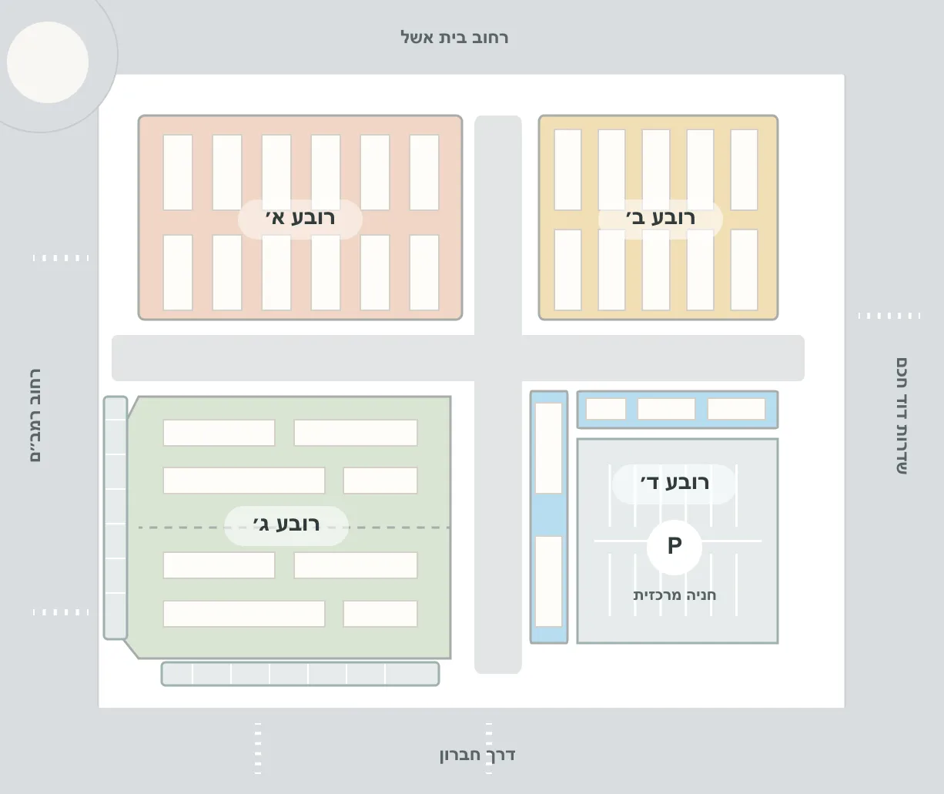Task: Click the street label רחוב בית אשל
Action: (454, 38)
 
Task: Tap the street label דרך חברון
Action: (477, 755)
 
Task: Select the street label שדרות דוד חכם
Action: (902, 416)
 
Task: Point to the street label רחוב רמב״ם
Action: (35, 416)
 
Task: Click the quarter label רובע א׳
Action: (300, 217)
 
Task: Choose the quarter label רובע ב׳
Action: (661, 217)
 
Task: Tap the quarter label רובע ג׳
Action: (286, 524)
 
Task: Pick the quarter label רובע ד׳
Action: (675, 482)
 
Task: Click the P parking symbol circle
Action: (675, 547)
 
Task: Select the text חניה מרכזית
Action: (675, 595)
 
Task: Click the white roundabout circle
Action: (48, 62)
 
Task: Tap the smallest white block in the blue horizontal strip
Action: (606, 409)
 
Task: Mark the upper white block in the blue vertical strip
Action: (549, 448)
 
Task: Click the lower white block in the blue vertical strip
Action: (549, 581)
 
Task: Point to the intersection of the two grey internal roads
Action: (498, 358)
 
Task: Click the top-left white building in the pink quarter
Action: (178, 173)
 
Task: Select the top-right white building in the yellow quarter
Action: (744, 170)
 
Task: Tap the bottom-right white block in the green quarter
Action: (380, 614)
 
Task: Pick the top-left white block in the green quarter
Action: (219, 433)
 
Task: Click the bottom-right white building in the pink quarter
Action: (424, 273)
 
